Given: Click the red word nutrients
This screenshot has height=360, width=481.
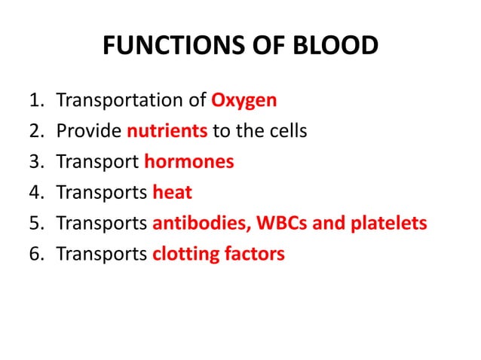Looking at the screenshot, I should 167,131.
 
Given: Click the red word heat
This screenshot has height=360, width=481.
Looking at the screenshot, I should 172,193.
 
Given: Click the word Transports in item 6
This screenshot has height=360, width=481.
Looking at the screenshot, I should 102,254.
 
